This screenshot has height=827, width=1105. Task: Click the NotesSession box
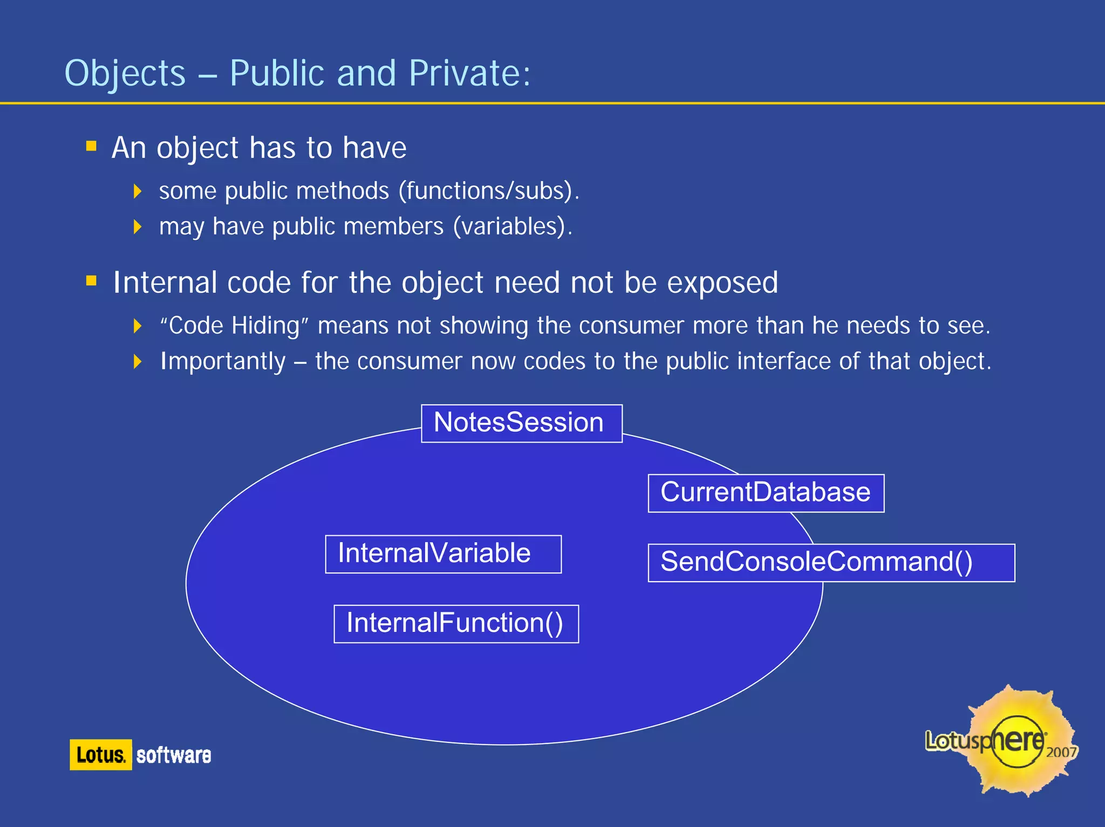pyautogui.click(x=521, y=423)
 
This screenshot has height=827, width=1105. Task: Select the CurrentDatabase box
pyautogui.click(x=766, y=493)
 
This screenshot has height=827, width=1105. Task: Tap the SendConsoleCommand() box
pyautogui.click(x=831, y=562)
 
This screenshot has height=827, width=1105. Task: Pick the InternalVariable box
pyautogui.click(x=443, y=554)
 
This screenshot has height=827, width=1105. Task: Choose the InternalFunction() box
pyautogui.click(x=456, y=624)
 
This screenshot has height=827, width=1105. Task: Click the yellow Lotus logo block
pyautogui.click(x=100, y=754)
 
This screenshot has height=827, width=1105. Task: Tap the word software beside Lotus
pyautogui.click(x=173, y=755)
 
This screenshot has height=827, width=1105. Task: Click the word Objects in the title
pyautogui.click(x=125, y=73)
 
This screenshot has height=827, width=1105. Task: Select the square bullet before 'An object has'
pyautogui.click(x=91, y=146)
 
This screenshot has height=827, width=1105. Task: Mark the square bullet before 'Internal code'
pyautogui.click(x=91, y=280)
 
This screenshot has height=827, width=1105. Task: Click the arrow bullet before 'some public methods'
pyautogui.click(x=138, y=191)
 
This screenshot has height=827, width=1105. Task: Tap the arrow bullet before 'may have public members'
pyautogui.click(x=138, y=226)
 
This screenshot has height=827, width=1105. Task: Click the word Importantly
pyautogui.click(x=223, y=361)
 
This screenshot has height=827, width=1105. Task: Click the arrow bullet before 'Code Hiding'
pyautogui.click(x=138, y=326)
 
